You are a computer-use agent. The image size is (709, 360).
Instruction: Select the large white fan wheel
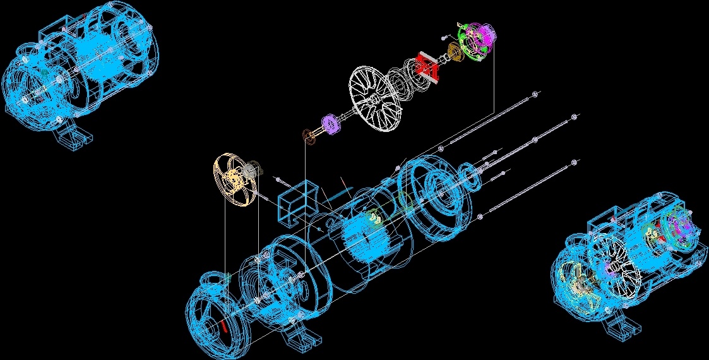coord(376,100)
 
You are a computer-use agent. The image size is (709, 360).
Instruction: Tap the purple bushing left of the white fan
coord(331,123)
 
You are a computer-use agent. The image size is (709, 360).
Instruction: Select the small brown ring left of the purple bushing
coord(309,136)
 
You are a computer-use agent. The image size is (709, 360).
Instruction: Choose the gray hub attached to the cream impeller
coord(252,170)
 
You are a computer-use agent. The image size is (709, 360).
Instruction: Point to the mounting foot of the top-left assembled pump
coord(76,135)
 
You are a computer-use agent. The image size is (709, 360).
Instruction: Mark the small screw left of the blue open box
coord(276,179)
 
